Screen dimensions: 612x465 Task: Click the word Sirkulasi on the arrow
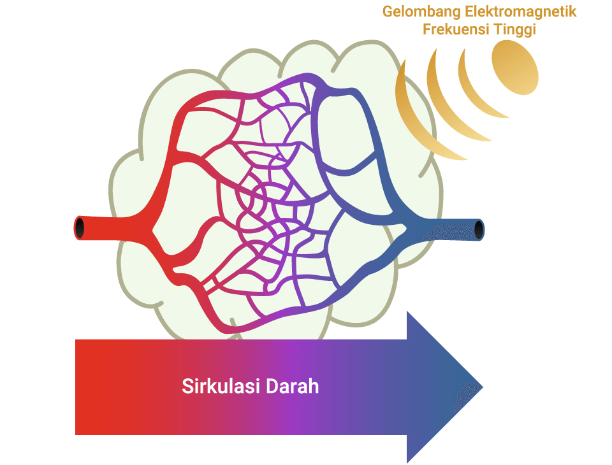(221, 386)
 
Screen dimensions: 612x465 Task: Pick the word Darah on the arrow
(293, 386)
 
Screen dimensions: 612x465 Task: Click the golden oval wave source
(515, 67)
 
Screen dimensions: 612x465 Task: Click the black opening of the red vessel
(80, 228)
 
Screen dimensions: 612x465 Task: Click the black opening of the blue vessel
(479, 230)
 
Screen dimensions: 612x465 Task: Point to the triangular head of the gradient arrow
(445, 387)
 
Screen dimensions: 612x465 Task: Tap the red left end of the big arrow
(84, 387)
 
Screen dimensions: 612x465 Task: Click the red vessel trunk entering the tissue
(113, 228)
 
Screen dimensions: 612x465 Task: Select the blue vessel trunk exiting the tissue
(445, 230)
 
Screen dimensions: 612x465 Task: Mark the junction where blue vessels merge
(406, 227)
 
